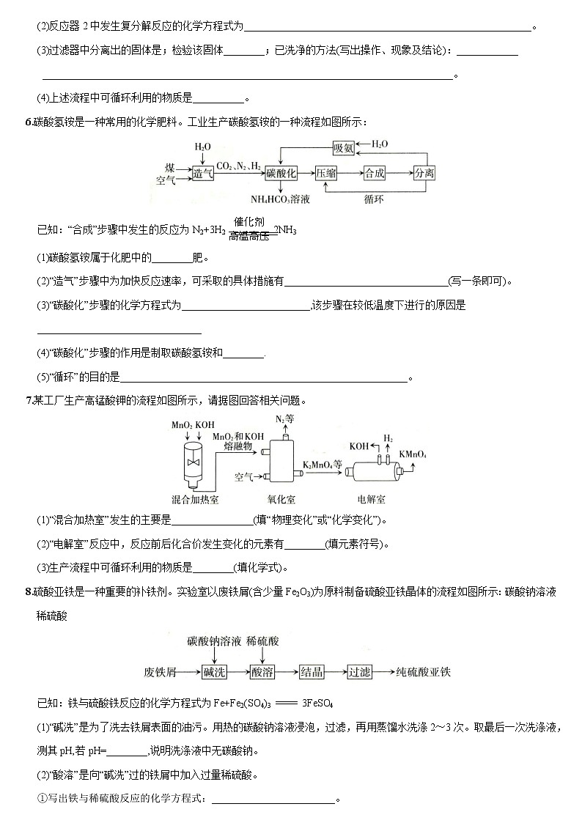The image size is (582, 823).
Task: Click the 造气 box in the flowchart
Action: [203, 173]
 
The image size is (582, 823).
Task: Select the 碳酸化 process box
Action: [281, 173]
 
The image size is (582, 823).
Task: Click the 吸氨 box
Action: [344, 148]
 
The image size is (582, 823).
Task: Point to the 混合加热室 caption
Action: [196, 499]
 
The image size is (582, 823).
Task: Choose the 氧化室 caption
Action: [281, 499]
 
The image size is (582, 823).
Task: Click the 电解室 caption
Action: [371, 499]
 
